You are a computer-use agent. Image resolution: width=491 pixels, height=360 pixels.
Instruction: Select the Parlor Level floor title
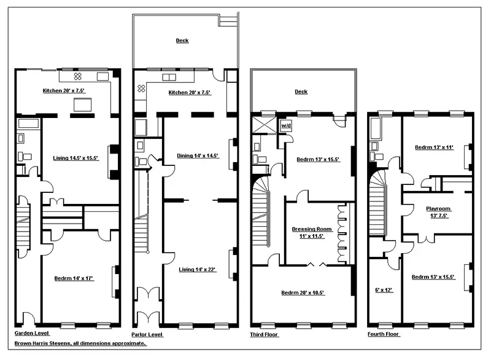148,334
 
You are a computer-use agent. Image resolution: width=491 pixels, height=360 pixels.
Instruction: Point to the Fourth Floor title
383,334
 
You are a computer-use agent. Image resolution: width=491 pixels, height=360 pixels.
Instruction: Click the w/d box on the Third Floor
285,125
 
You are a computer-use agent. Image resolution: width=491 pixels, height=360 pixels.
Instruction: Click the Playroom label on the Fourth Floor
438,212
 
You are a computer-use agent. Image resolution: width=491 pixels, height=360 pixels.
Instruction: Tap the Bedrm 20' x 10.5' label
303,293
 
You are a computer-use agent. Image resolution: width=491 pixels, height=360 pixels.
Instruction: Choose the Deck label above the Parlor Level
182,41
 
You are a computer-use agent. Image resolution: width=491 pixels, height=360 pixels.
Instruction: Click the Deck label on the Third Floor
301,92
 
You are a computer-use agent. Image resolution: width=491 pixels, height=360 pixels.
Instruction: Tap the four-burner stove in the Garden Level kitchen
78,76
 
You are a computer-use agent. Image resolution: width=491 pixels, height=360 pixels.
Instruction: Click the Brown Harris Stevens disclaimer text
81,344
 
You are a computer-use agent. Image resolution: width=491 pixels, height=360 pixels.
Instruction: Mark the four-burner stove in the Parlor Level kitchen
141,88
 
